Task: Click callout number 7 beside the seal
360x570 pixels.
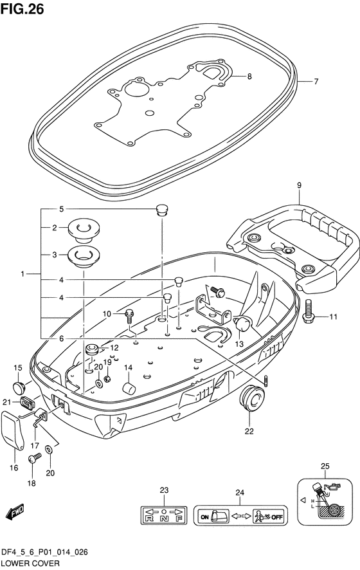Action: (316, 82)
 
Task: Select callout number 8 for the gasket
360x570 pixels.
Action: (250, 76)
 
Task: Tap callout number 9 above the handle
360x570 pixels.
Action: (300, 185)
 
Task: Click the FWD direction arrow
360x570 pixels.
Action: (15, 512)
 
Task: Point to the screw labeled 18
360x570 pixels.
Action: (33, 459)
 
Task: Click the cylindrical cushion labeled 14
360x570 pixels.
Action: (129, 388)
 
